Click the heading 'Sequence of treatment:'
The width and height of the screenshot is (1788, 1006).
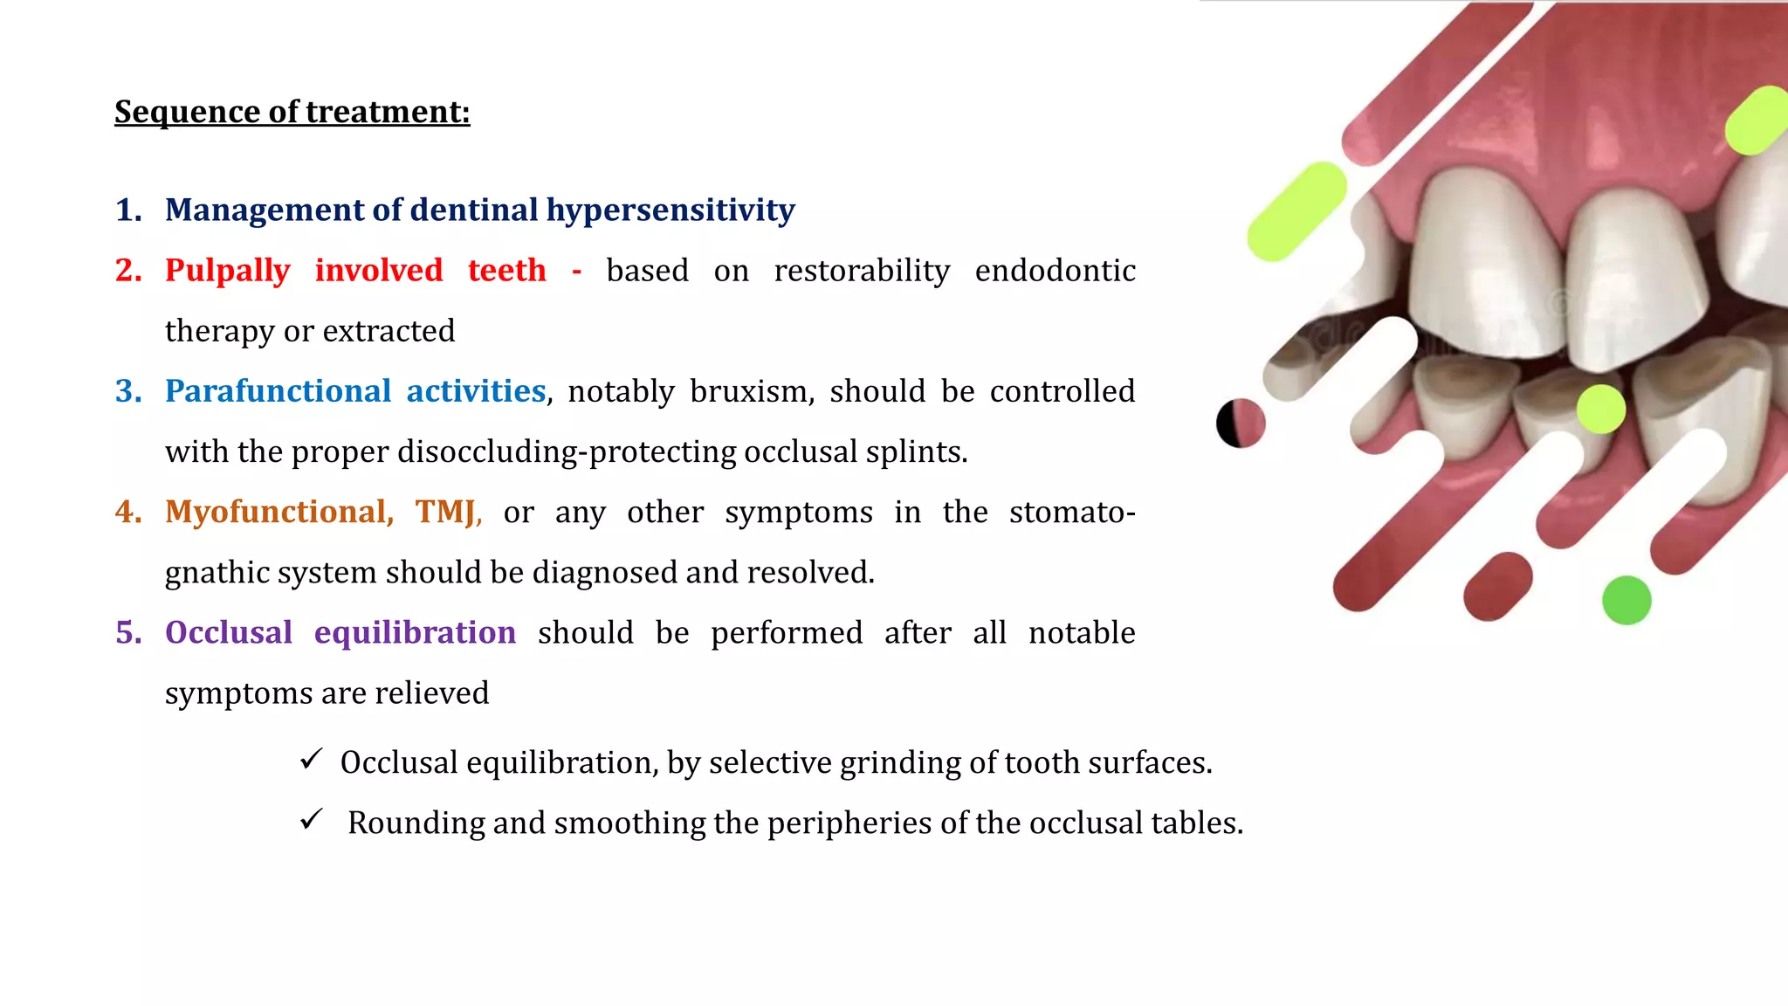292,112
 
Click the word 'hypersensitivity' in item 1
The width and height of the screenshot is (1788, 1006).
670,210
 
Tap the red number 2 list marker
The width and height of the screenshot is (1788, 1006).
128,271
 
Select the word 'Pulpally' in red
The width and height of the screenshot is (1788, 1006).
227,271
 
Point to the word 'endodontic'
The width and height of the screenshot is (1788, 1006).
1055,271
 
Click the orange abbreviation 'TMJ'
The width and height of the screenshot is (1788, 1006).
446,512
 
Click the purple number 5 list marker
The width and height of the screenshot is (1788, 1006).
128,632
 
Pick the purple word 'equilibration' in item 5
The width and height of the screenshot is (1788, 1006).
415,632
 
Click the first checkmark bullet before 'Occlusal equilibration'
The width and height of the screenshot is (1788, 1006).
311,760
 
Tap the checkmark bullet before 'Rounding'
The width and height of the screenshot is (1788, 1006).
311,820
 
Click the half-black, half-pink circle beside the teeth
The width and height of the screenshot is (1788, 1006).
1241,424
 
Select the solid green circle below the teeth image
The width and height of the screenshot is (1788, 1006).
1626,601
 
